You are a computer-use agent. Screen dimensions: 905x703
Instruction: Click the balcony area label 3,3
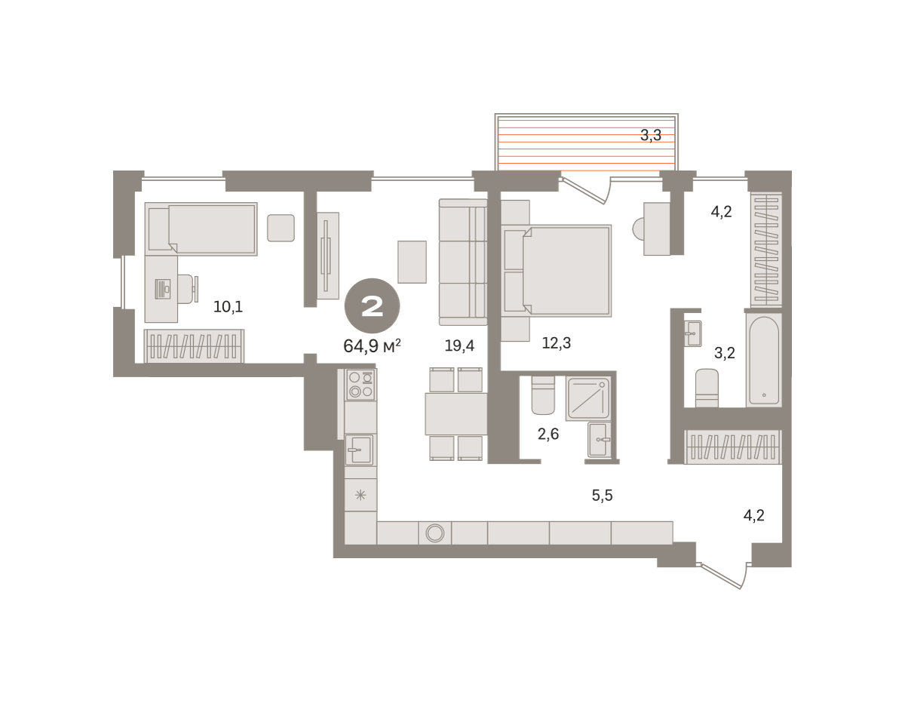point(651,135)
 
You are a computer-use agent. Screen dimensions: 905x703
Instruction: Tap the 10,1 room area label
point(228,307)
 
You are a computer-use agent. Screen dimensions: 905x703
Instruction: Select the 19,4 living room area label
point(459,345)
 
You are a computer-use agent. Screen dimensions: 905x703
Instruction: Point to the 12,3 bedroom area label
point(557,343)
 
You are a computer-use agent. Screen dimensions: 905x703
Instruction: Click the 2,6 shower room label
point(548,434)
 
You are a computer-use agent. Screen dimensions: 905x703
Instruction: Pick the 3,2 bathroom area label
point(725,353)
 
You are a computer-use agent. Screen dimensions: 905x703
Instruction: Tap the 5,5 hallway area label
point(603,496)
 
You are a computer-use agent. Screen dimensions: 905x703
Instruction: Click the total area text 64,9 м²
point(372,345)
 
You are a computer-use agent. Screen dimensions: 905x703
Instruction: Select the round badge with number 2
point(373,306)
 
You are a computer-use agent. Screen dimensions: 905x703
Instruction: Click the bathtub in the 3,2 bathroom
point(764,361)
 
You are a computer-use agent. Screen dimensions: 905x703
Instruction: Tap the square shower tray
point(588,398)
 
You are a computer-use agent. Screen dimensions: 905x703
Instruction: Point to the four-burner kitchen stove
point(360,385)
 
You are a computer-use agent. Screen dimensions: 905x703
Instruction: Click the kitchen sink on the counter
point(359,450)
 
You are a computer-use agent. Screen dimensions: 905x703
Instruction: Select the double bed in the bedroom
point(557,270)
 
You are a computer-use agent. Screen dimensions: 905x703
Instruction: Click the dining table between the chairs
point(456,414)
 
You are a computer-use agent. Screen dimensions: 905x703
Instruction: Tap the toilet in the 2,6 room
point(543,394)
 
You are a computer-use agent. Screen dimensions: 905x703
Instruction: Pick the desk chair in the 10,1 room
point(189,289)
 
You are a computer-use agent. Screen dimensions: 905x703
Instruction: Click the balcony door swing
point(586,190)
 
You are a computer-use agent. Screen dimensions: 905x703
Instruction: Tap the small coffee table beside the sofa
point(412,262)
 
